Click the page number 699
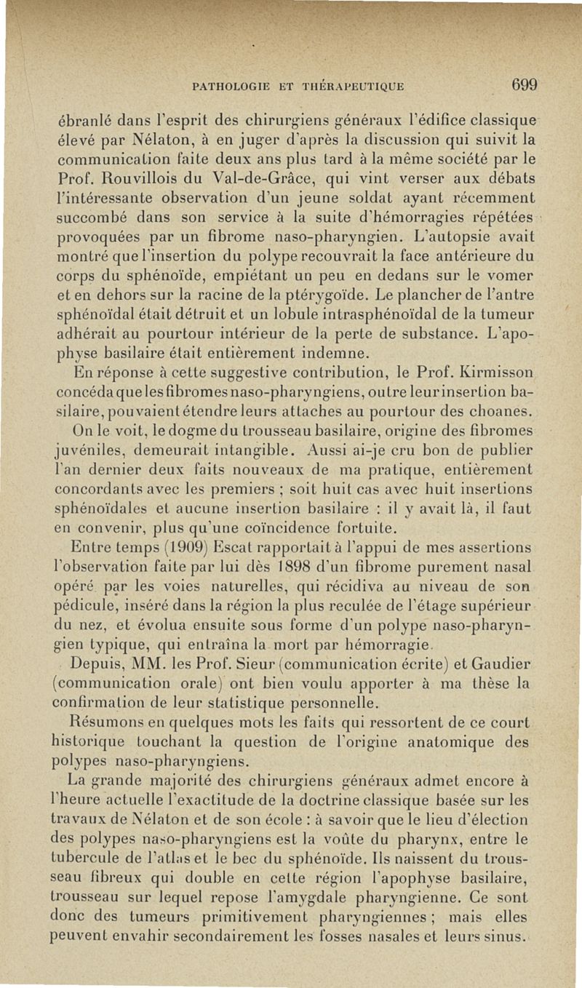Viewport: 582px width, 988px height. tap(523, 84)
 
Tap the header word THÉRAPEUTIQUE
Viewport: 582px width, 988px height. tap(348, 87)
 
